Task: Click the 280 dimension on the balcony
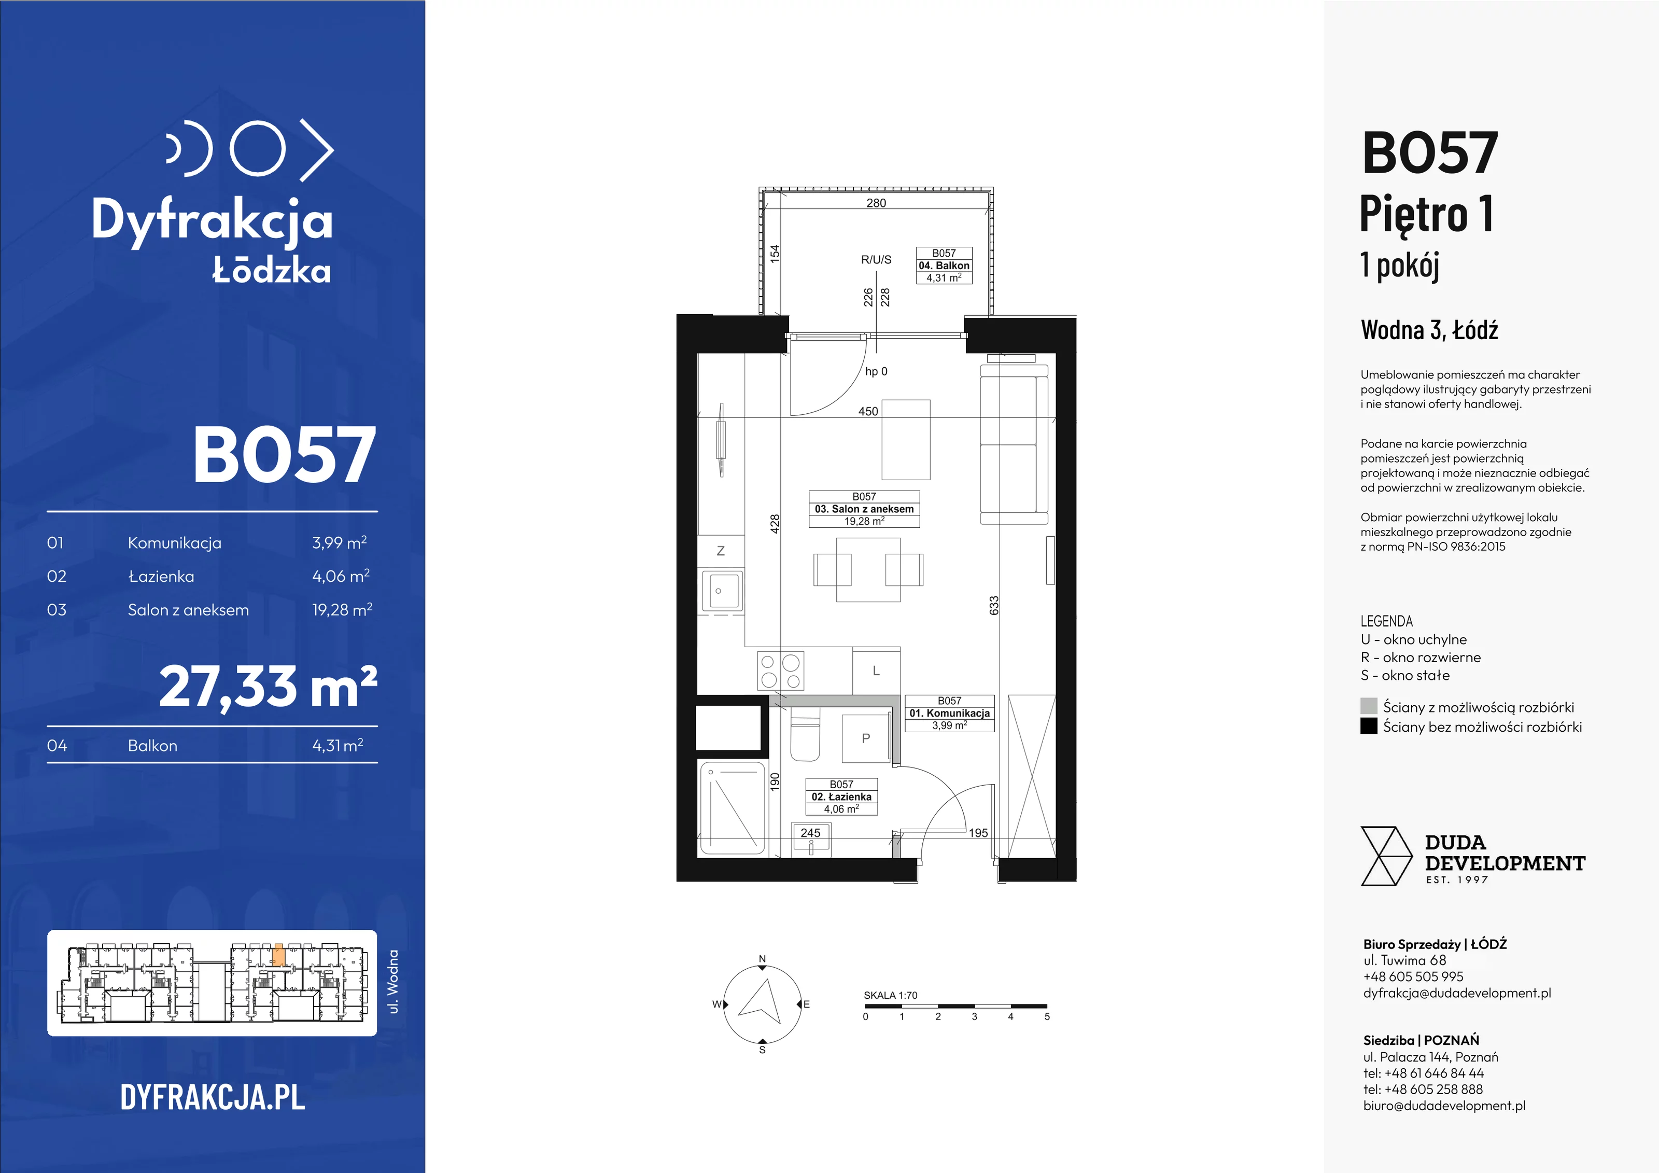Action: [x=876, y=203]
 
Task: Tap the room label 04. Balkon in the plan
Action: [x=944, y=265]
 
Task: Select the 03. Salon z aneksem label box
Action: [x=864, y=509]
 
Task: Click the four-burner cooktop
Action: [x=780, y=671]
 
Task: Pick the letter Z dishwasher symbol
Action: [x=721, y=551]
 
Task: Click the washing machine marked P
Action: [x=866, y=738]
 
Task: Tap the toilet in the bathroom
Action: [x=805, y=734]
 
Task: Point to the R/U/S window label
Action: [x=876, y=259]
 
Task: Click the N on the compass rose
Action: [x=762, y=959]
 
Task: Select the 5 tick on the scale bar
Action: [x=1047, y=1016]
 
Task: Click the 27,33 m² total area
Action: [x=268, y=687]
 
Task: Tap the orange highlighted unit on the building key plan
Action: [x=279, y=955]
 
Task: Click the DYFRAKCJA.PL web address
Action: [x=213, y=1097]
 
